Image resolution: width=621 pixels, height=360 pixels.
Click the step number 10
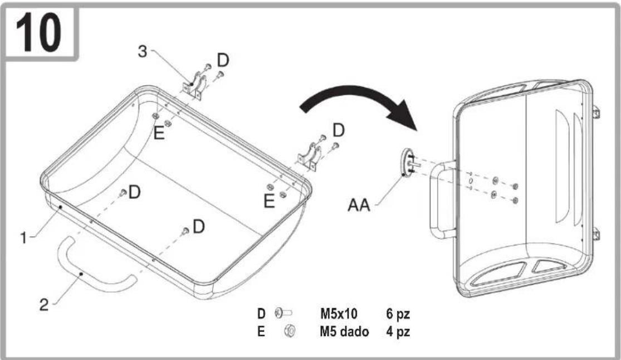(38, 32)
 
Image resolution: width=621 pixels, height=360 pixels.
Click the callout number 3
(143, 51)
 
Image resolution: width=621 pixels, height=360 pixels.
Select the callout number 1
(24, 238)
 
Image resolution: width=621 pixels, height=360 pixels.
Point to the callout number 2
(44, 304)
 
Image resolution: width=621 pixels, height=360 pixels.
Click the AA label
(359, 205)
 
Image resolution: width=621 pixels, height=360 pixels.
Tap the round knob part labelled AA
(407, 162)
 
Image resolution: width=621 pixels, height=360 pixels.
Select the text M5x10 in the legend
(339, 314)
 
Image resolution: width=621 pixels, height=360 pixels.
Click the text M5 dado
(344, 331)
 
